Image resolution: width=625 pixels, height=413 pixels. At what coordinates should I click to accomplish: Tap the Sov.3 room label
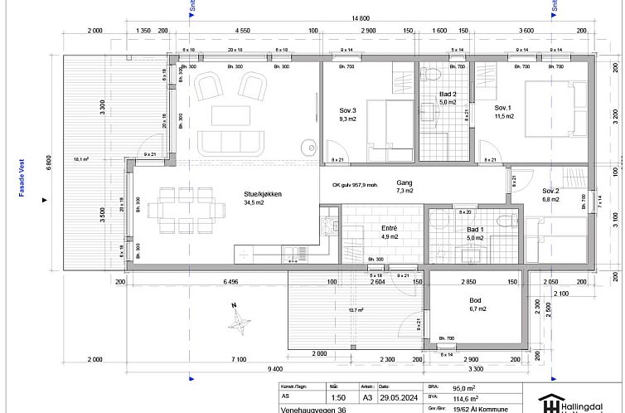[347, 110]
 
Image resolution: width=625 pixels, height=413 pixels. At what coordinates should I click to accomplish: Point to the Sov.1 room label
[504, 109]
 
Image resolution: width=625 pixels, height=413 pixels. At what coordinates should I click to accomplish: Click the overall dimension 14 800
[360, 17]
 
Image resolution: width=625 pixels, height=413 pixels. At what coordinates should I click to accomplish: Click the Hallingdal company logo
[576, 401]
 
